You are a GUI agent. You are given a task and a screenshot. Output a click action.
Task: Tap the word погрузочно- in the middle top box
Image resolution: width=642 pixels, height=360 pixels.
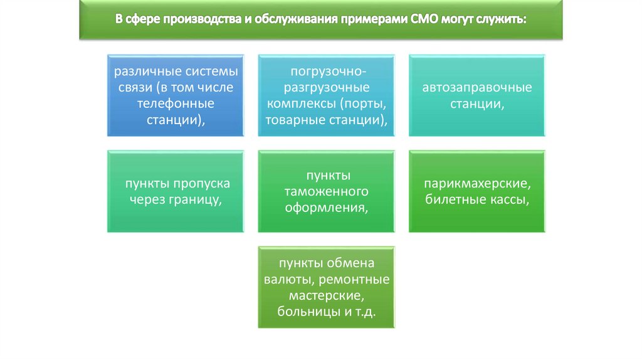coord(326,72)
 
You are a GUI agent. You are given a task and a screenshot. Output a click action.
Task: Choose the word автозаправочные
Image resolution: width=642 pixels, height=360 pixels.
coord(476,87)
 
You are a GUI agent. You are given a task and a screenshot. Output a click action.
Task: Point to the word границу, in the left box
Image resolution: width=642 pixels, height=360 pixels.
coord(193,199)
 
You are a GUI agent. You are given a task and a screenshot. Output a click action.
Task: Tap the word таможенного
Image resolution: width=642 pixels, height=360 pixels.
coord(326,191)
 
